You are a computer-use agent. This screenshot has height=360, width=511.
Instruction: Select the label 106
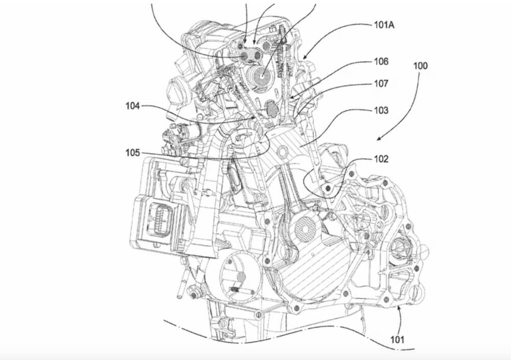point(381,62)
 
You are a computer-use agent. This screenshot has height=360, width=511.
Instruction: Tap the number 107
point(381,83)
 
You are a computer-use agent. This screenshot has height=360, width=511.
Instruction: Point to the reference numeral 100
point(421,66)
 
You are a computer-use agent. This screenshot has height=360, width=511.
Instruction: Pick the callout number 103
point(381,110)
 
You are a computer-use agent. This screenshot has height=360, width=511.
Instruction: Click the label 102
point(381,159)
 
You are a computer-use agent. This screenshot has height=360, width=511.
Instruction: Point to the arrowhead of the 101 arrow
point(398,304)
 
